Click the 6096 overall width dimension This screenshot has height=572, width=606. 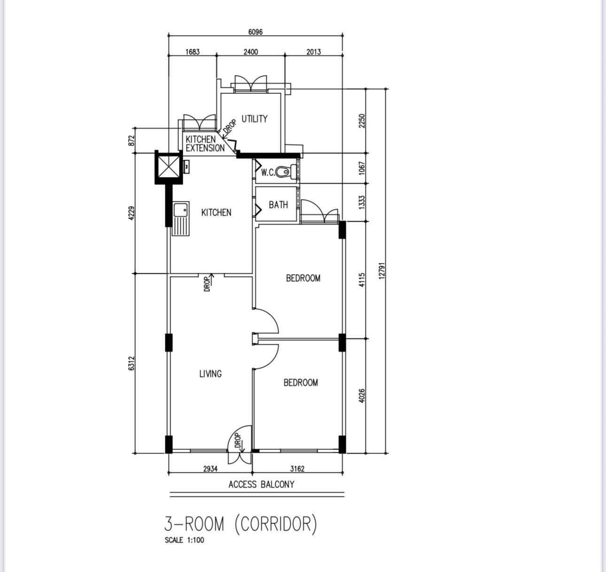click(256, 32)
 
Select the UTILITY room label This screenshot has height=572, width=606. click(255, 119)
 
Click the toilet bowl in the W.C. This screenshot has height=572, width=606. click(282, 172)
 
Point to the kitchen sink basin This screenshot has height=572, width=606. click(180, 210)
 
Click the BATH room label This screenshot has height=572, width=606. click(278, 205)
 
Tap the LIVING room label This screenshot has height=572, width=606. click(210, 374)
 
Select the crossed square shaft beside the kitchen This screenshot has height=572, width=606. click(168, 167)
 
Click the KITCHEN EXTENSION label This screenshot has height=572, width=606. click(205, 144)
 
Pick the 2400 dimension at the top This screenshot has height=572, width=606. click(250, 52)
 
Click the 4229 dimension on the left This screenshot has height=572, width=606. click(132, 213)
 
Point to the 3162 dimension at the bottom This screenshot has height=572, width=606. click(297, 469)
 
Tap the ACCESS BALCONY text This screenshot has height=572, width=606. click(262, 485)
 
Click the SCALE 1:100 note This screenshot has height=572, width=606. click(184, 540)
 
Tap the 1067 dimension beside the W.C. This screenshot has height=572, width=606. click(362, 168)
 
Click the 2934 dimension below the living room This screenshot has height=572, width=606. click(210, 469)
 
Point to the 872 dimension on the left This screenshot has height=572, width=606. click(132, 140)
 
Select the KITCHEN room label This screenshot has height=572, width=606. click(217, 212)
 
